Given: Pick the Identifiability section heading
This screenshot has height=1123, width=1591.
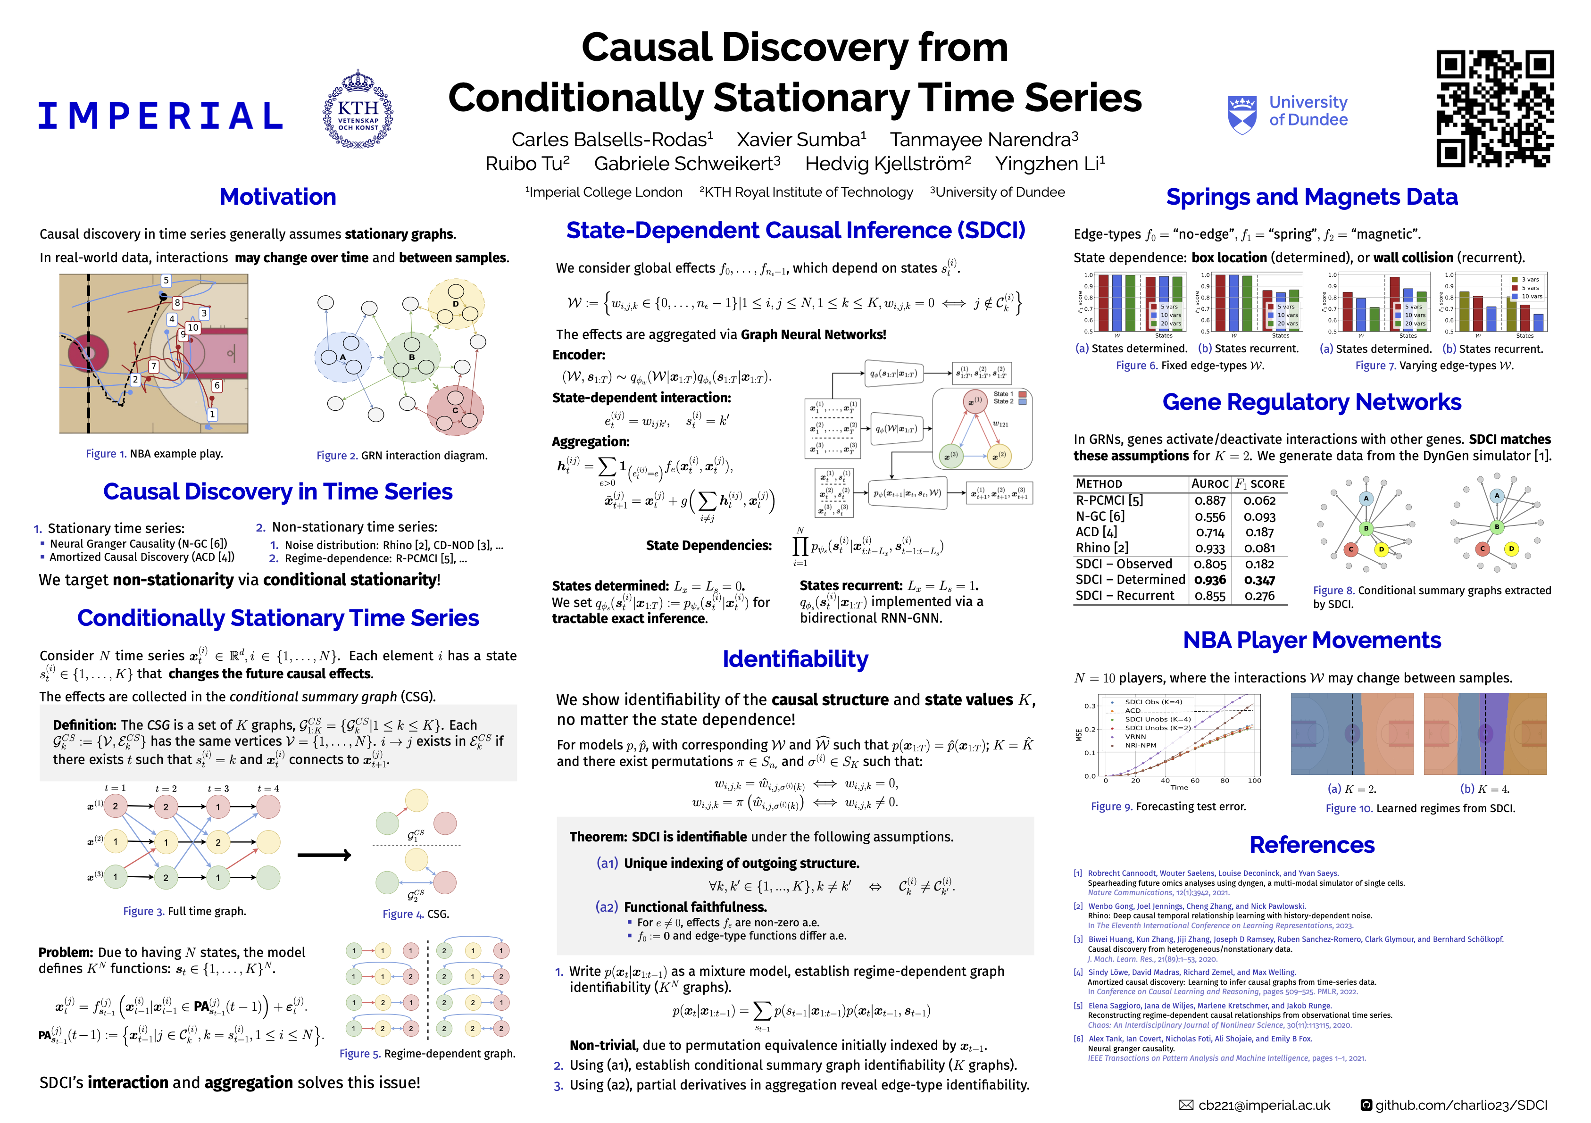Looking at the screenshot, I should pyautogui.click(x=795, y=659).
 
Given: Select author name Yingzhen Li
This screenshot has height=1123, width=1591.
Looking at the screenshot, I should pyautogui.click(x=1050, y=164).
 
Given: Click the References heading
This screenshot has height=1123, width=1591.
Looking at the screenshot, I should pyautogui.click(x=1312, y=845).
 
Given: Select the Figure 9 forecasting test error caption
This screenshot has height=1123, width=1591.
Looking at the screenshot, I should pyautogui.click(x=1168, y=807).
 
